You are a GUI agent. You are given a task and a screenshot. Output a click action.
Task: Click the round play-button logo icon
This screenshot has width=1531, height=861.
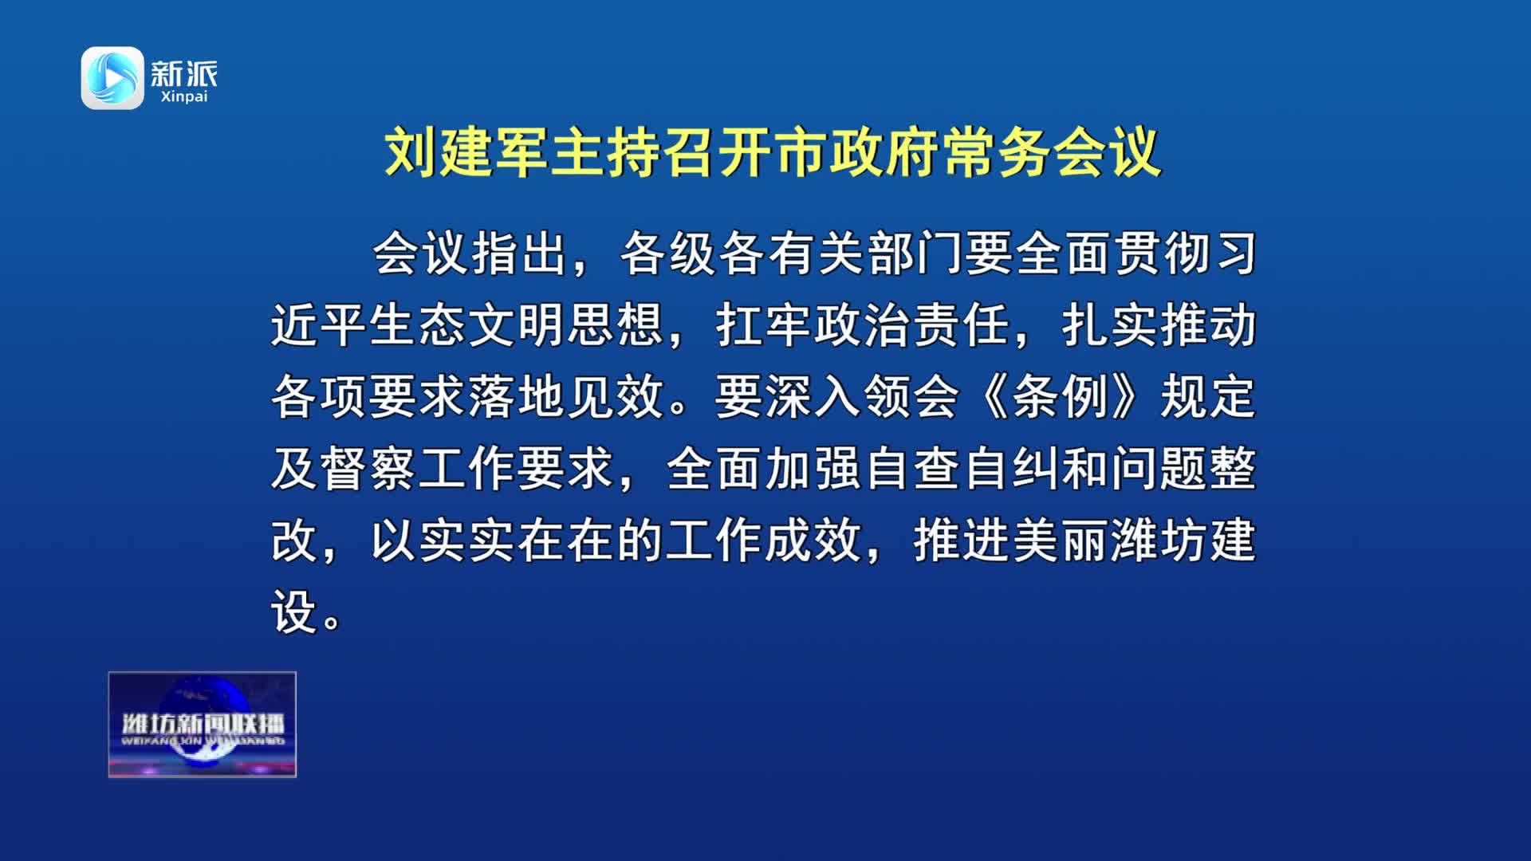[112, 77]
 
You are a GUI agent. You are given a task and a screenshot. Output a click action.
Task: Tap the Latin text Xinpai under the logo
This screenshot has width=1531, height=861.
[183, 96]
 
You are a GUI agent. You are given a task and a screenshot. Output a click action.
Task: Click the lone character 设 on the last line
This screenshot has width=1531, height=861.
[294, 611]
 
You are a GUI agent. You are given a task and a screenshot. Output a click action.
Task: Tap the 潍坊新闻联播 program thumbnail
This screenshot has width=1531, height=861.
[203, 724]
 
